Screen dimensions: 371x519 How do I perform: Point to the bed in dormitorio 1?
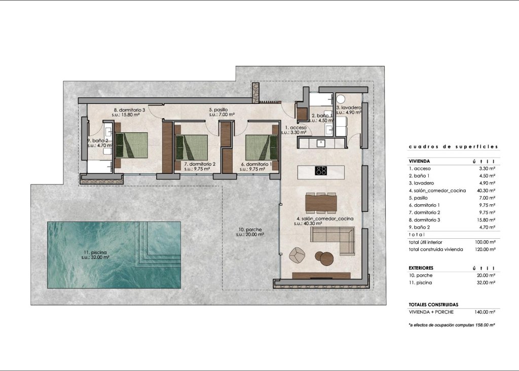(x=262, y=146)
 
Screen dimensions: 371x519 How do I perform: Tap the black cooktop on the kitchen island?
(x=321, y=170)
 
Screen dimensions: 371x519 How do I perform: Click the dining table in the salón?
(x=321, y=203)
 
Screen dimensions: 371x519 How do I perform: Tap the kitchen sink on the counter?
(x=320, y=143)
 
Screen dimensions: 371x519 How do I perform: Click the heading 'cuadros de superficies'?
(x=453, y=146)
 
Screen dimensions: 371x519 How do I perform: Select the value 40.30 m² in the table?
(x=486, y=190)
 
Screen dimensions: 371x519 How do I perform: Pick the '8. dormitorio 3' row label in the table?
(x=426, y=220)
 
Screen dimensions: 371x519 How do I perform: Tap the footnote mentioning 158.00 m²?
(x=452, y=324)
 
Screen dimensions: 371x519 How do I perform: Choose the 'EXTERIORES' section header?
(x=421, y=267)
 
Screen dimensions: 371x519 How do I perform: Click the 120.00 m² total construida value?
(x=485, y=249)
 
